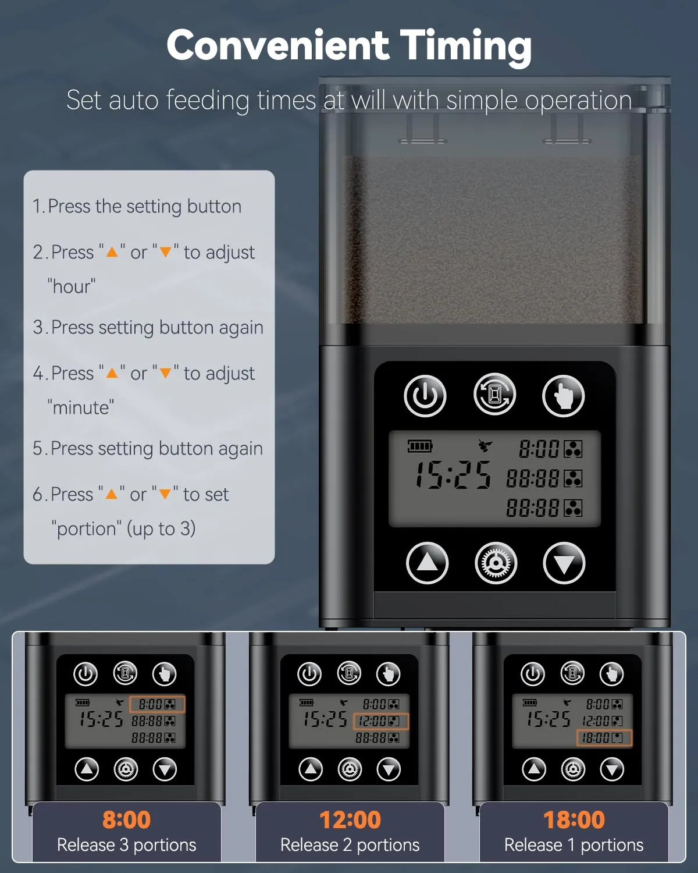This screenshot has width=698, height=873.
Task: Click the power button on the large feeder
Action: pyautogui.click(x=425, y=396)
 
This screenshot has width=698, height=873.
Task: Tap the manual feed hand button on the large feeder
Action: pyautogui.click(x=564, y=396)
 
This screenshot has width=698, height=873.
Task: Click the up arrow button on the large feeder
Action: pyautogui.click(x=427, y=563)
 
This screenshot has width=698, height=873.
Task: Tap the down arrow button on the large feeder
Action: pyautogui.click(x=564, y=563)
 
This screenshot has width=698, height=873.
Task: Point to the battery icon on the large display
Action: pyautogui.click(x=420, y=446)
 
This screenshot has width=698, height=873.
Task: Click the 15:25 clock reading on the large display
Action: pyautogui.click(x=453, y=475)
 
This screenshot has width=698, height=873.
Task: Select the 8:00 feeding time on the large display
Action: pyautogui.click(x=539, y=449)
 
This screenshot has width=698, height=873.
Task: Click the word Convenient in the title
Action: pyautogui.click(x=278, y=45)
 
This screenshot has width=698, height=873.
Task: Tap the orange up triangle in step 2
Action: pyautogui.click(x=112, y=253)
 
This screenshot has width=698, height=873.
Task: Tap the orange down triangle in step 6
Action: pyautogui.click(x=165, y=494)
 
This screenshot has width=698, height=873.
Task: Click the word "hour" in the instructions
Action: pyautogui.click(x=72, y=286)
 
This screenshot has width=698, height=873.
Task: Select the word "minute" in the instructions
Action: pyautogui.click(x=81, y=408)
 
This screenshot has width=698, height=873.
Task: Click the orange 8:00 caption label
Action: pyautogui.click(x=127, y=819)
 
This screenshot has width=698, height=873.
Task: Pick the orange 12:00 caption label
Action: pyautogui.click(x=350, y=819)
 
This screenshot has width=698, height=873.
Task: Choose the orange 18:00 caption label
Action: pyautogui.click(x=574, y=819)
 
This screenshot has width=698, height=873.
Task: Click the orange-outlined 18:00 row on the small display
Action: pyautogui.click(x=604, y=738)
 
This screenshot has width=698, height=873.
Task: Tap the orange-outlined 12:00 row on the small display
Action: pyautogui.click(x=381, y=721)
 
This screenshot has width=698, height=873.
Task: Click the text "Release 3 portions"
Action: pyautogui.click(x=127, y=846)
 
